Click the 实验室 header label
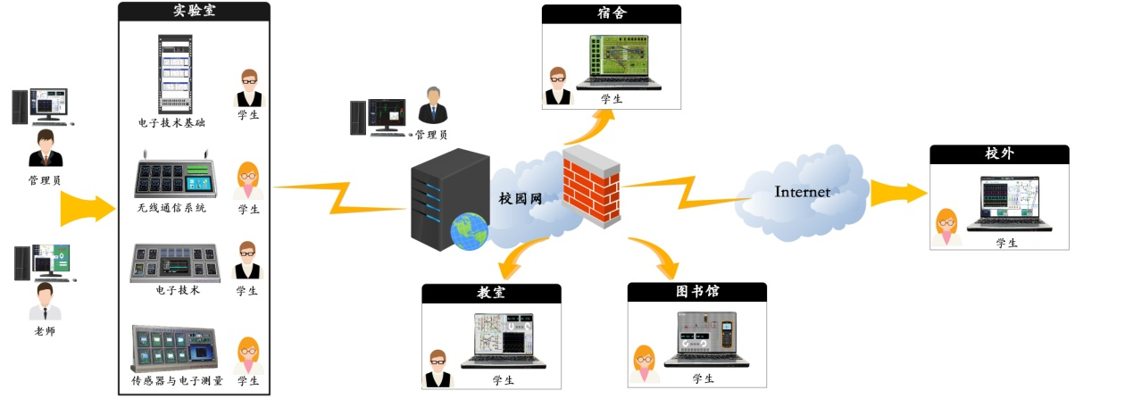click(x=194, y=12)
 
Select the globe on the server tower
click(x=469, y=232)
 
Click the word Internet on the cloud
click(x=802, y=192)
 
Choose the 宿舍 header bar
click(x=611, y=14)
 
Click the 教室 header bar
click(x=491, y=293)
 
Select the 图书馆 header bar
click(x=696, y=292)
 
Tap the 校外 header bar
click(x=998, y=154)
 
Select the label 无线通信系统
click(x=171, y=208)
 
